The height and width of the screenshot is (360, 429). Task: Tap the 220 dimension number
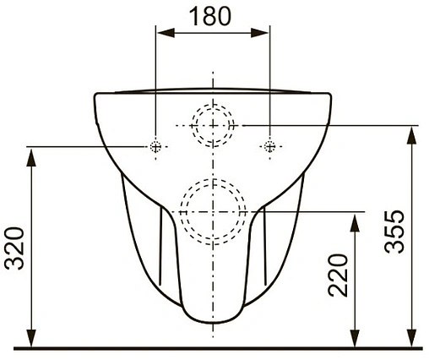pyautogui.click(x=336, y=275)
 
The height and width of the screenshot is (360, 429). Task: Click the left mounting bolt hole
pyautogui.click(x=155, y=147)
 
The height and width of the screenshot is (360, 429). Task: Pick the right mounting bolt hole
pyautogui.click(x=269, y=147)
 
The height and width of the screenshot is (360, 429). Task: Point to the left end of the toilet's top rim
pyautogui.click(x=93, y=94)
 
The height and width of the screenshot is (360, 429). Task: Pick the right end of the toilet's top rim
pyautogui.click(x=330, y=94)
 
